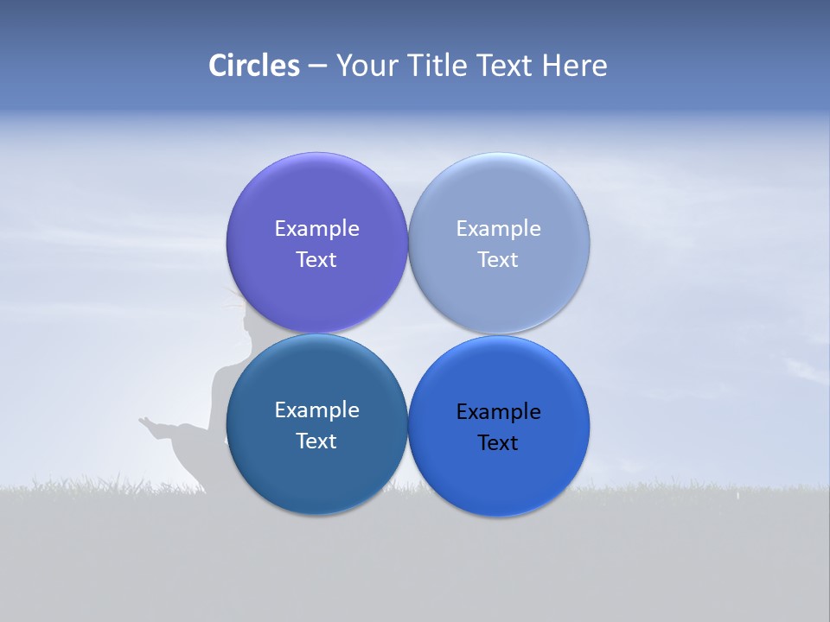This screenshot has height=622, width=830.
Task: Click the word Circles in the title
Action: pyautogui.click(x=254, y=66)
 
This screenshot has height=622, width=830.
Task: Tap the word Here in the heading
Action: pyautogui.click(x=575, y=66)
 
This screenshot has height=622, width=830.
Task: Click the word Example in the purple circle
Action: pyautogui.click(x=316, y=229)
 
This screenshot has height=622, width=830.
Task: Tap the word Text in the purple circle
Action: pyautogui.click(x=316, y=260)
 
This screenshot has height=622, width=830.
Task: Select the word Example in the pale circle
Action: pyautogui.click(x=498, y=229)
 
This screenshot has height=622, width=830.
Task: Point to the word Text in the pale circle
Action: pyautogui.click(x=498, y=260)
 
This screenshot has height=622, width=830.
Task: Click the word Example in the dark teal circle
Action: pyautogui.click(x=316, y=410)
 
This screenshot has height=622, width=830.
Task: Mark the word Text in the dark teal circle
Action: pyautogui.click(x=316, y=441)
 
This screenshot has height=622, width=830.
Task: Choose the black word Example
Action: pyautogui.click(x=498, y=412)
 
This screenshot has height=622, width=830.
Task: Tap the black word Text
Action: pyautogui.click(x=498, y=443)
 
